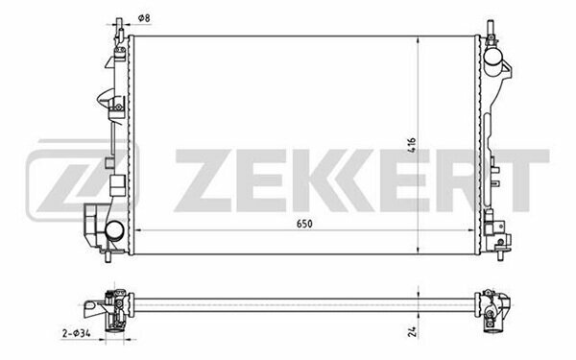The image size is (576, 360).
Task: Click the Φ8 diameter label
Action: pyautogui.click(x=144, y=18)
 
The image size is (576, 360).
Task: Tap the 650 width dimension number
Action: pyautogui.click(x=304, y=224)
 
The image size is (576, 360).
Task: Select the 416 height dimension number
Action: pyautogui.click(x=412, y=145)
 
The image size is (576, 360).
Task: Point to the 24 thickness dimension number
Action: pyautogui.click(x=413, y=332)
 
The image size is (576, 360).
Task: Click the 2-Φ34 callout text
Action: pyautogui.click(x=76, y=333)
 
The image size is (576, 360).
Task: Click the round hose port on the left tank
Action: pyautogui.click(x=114, y=231)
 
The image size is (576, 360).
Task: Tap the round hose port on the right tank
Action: pyautogui.click(x=493, y=57)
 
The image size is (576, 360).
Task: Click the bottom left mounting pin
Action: pyautogui.click(x=108, y=256)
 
